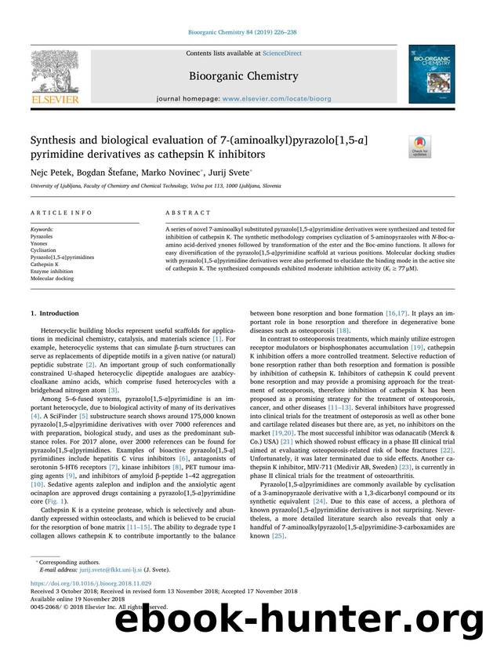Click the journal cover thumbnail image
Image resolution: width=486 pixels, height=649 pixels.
click(x=430, y=74)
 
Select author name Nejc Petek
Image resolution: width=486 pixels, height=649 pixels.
click(x=49, y=171)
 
